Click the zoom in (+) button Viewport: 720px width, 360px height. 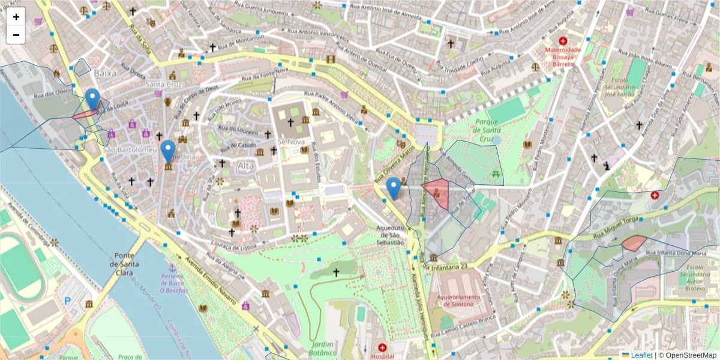coord(16,17)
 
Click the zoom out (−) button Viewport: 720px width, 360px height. coord(16,35)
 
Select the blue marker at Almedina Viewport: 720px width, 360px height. coord(168,151)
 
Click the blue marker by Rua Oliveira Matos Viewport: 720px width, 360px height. coord(394,188)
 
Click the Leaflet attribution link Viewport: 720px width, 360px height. coord(641,355)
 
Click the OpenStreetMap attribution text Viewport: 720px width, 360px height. coord(690,355)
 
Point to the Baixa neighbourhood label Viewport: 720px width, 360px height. coord(105,73)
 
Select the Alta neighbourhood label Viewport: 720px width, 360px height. coord(246,165)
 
